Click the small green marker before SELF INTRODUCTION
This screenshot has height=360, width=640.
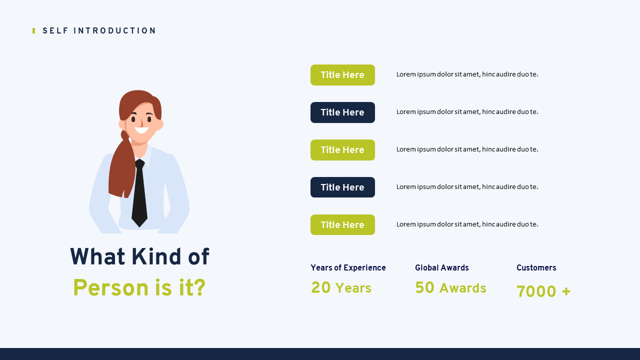[x=33, y=31]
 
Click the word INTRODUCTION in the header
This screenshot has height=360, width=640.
[x=114, y=31]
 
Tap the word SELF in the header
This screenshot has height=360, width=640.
[x=55, y=31]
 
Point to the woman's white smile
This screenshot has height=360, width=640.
[x=141, y=130]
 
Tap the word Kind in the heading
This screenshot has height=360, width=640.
[x=156, y=256]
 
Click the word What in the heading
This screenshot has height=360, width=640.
[x=97, y=256]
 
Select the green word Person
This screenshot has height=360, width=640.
[x=110, y=287]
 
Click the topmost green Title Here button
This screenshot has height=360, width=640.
[x=342, y=75]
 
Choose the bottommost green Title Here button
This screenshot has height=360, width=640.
[x=342, y=225]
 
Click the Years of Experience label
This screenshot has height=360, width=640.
[x=348, y=267]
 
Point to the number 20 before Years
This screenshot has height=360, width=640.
[x=321, y=287]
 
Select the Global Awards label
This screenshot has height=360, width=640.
[x=441, y=267]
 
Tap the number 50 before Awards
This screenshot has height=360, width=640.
[x=424, y=287]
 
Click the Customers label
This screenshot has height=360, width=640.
[x=536, y=267]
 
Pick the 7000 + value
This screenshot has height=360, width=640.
[x=543, y=291]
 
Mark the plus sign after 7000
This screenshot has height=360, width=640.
[x=566, y=291]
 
